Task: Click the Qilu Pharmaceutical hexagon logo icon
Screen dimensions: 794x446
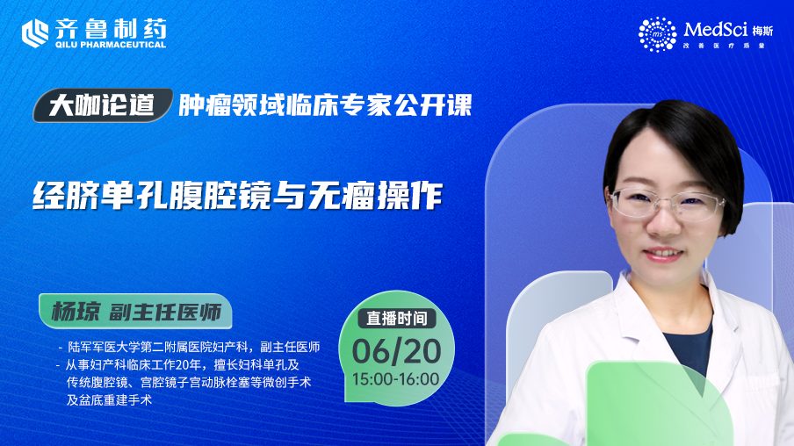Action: click(35, 32)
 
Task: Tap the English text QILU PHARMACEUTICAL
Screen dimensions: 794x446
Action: click(111, 45)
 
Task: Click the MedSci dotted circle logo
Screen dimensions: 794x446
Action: click(657, 34)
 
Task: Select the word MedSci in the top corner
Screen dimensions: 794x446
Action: click(715, 30)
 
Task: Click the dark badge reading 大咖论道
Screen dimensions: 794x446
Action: click(103, 105)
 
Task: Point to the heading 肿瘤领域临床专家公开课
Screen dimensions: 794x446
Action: click(325, 105)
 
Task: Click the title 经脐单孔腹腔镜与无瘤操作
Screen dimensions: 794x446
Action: click(237, 195)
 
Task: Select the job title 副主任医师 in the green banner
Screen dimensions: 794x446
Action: click(166, 312)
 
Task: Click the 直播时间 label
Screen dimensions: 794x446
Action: click(397, 318)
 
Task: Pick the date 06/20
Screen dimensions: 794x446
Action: click(396, 351)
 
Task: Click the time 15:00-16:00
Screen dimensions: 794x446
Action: click(396, 379)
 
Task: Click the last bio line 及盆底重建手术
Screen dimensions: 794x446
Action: click(109, 400)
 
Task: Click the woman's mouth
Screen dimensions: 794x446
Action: click(663, 253)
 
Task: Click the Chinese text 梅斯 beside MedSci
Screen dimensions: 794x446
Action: click(762, 31)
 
